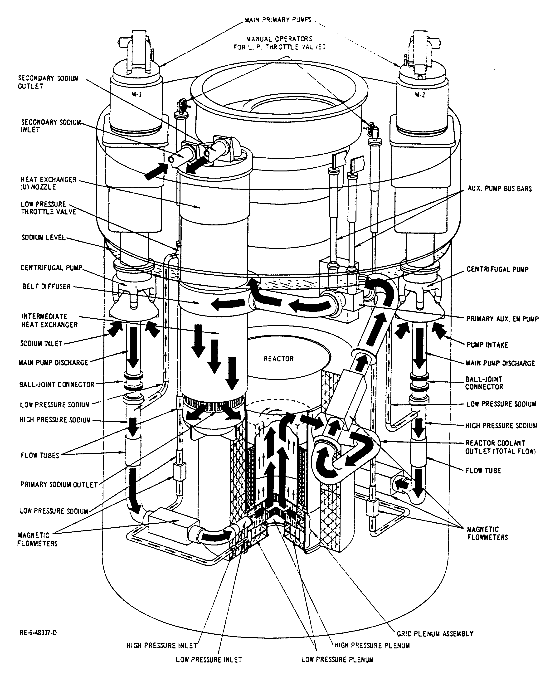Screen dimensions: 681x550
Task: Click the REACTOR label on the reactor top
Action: [x=278, y=359]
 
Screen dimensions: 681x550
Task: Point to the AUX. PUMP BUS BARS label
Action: [x=500, y=189]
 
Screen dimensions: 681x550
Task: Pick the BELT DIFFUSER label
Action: [x=46, y=286]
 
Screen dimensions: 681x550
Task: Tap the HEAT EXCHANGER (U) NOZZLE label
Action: [x=49, y=183]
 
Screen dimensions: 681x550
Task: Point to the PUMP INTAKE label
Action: [x=487, y=345]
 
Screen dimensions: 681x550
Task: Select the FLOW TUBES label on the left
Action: [x=40, y=456]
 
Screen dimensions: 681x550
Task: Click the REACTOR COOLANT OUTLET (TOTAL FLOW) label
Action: [x=500, y=447]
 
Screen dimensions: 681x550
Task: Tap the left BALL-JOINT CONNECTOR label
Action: [x=57, y=384]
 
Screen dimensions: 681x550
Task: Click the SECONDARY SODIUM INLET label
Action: [x=51, y=126]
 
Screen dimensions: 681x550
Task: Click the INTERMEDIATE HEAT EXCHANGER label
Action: [x=49, y=321]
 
